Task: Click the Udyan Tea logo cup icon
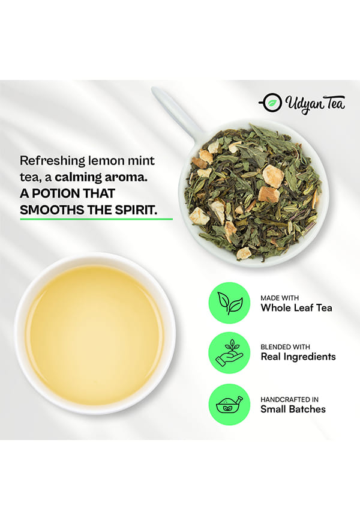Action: [x=271, y=103]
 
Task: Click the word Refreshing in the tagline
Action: [x=53, y=162]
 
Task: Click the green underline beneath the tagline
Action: [x=96, y=219]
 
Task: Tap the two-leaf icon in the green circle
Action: [x=229, y=303]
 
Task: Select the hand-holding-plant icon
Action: [x=229, y=353]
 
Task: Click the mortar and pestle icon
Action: [x=229, y=404]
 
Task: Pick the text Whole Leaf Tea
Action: [x=296, y=308]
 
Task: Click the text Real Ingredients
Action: [x=298, y=357]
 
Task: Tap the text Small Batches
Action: [x=293, y=410]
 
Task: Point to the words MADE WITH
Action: [x=280, y=298]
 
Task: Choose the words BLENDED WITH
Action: [x=285, y=347]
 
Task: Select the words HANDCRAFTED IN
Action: [x=289, y=399]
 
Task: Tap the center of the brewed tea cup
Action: [x=95, y=334]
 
